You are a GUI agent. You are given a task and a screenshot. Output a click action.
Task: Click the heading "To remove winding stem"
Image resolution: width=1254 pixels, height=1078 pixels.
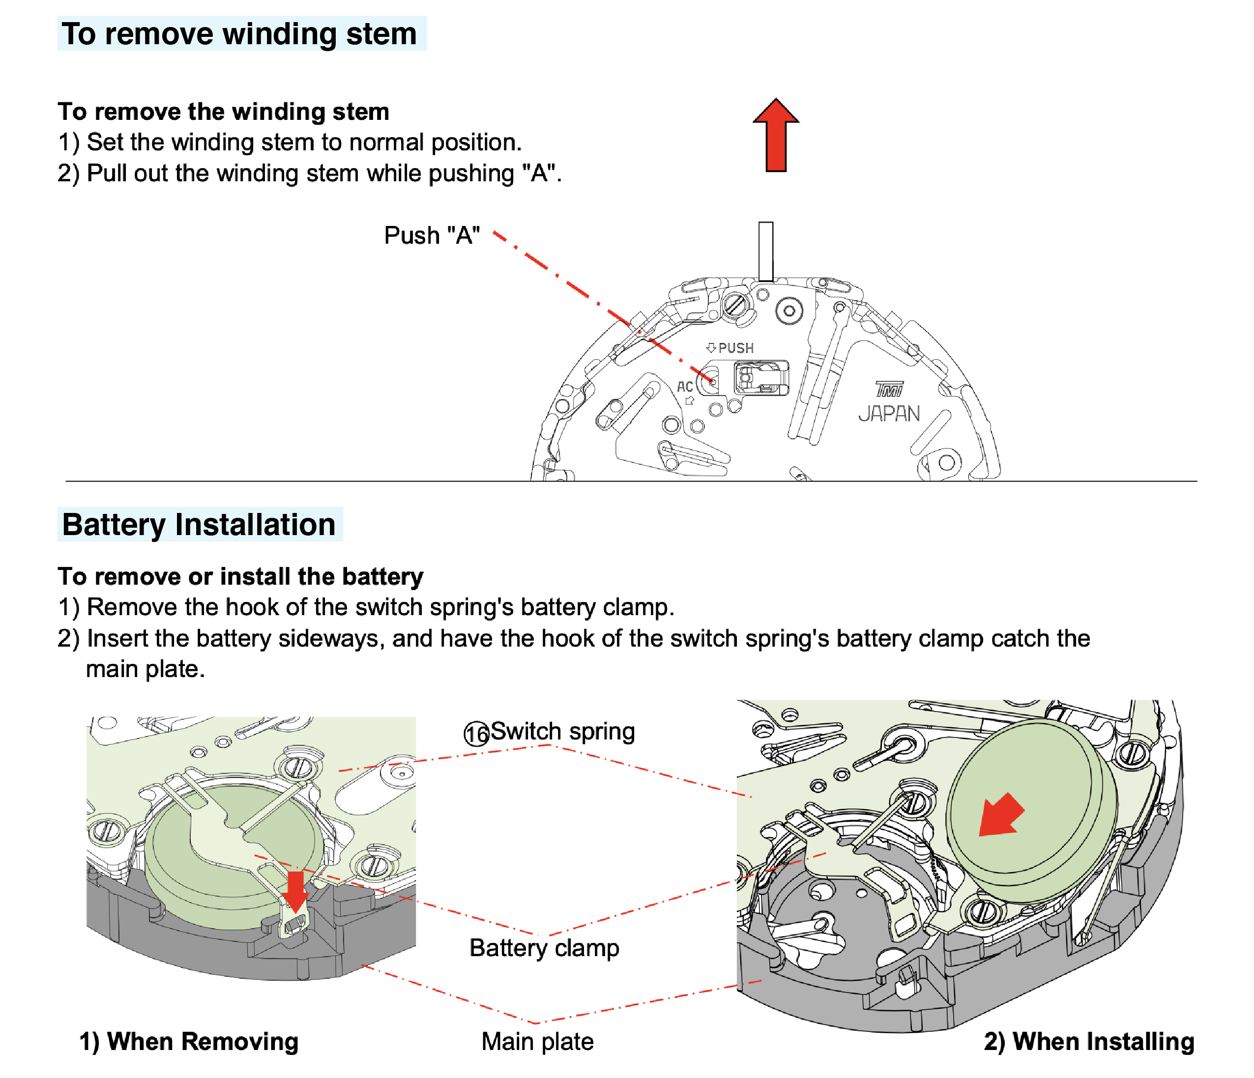[241, 34]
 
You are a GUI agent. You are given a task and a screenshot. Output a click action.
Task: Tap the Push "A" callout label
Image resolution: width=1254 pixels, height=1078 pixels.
[432, 235]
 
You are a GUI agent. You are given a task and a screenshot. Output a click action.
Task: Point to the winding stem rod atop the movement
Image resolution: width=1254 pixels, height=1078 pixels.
[765, 251]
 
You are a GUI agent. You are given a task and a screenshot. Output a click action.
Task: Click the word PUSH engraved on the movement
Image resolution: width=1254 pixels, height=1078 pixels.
[735, 348]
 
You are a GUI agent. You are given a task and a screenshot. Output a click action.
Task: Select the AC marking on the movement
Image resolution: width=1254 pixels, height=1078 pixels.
[684, 387]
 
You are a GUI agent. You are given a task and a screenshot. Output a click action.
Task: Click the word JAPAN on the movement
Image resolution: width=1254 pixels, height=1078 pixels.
[888, 414]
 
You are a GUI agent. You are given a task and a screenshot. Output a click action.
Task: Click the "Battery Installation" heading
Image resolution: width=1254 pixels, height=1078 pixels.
[199, 524]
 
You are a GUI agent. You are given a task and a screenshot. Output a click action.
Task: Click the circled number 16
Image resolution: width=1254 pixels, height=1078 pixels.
[476, 734]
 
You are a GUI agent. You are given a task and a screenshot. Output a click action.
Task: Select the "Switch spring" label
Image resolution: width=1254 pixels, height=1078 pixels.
[562, 732]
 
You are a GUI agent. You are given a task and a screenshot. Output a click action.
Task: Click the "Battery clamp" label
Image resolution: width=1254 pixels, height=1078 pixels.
[544, 948]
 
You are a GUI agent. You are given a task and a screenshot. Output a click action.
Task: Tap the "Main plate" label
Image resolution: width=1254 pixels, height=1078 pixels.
[537, 1042]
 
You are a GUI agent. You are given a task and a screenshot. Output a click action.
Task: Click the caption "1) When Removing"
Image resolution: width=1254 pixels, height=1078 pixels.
[189, 1042]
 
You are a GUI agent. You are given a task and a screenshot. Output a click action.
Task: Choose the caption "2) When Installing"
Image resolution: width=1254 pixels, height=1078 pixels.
[1089, 1042]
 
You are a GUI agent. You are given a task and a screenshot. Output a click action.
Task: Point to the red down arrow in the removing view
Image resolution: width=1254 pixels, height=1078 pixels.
[295, 890]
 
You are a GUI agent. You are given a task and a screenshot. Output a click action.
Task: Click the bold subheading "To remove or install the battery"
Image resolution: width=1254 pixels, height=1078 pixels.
[240, 576]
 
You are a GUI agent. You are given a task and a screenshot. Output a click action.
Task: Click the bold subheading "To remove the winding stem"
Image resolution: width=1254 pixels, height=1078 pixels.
[223, 112]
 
